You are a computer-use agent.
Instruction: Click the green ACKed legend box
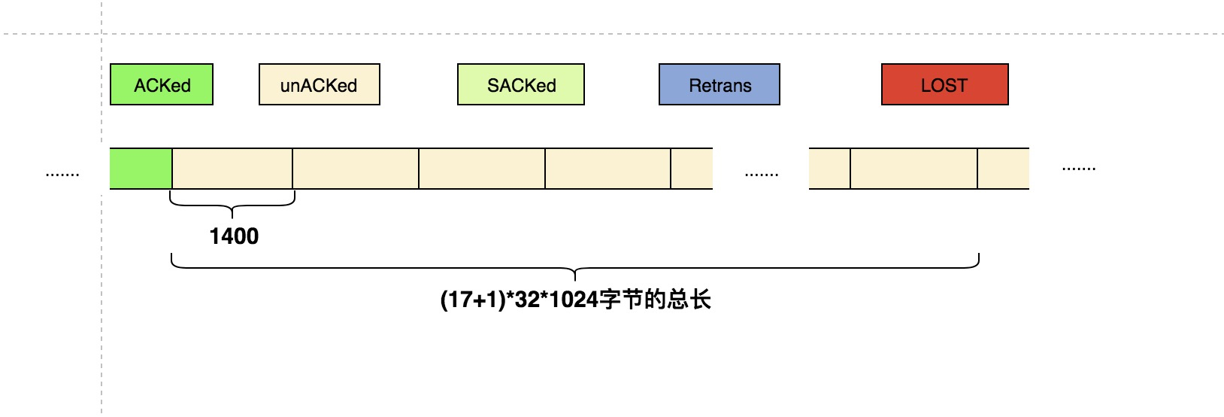point(162,84)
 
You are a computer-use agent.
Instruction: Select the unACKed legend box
point(319,84)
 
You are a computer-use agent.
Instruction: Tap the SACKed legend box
point(521,84)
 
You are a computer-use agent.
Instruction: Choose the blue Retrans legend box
point(720,84)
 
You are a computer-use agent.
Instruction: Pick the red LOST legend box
point(944,84)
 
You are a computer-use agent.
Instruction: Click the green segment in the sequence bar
point(141,169)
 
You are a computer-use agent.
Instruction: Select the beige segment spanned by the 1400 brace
point(232,169)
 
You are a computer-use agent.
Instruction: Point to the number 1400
point(234,236)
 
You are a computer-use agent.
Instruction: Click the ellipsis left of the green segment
point(62,173)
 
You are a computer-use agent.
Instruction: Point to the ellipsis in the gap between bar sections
point(761,173)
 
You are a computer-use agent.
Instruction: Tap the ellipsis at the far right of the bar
point(1078,168)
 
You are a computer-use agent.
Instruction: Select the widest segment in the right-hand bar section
point(913,169)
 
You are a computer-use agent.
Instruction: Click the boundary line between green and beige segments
point(172,169)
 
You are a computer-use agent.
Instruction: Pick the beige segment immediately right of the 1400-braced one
point(356,169)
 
